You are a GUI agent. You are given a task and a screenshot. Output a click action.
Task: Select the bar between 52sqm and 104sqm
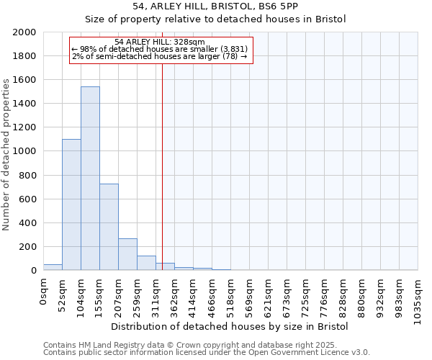71,204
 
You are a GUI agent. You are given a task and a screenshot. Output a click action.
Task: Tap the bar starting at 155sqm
109,227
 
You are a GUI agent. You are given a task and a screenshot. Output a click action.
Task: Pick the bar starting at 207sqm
127,254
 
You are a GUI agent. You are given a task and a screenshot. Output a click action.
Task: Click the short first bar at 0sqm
53,267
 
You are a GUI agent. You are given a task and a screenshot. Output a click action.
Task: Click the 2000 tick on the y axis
24,32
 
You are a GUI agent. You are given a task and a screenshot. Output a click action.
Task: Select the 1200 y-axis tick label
24,127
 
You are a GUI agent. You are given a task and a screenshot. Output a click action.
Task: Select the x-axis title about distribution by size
230,326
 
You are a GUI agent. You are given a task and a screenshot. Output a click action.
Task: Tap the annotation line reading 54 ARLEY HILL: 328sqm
160,42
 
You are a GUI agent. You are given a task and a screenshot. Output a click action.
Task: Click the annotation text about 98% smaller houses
160,49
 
